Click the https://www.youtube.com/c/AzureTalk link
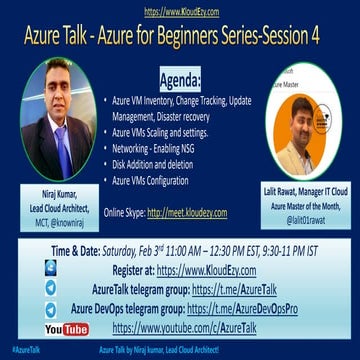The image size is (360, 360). [x=195, y=327]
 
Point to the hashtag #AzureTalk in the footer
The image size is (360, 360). [x=21, y=353]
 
